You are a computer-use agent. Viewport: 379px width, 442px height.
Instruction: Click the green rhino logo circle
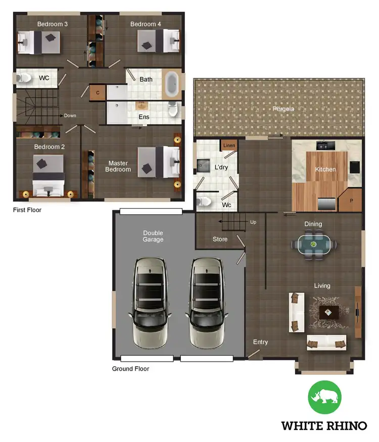point(324,398)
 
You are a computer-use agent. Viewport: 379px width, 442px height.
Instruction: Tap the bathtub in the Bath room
point(172,84)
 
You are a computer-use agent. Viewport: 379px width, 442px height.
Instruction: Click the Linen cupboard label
point(228,146)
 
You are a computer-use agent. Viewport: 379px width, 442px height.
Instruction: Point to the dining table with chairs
point(313,244)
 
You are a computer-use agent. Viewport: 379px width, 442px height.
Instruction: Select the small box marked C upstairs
point(98,93)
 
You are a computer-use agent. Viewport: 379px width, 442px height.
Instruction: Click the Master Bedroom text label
point(118,166)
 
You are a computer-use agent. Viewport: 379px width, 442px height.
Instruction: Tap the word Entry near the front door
point(260,342)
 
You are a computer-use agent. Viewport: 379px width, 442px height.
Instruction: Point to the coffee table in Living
point(328,313)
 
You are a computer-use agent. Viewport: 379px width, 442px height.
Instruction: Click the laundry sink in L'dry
point(204,165)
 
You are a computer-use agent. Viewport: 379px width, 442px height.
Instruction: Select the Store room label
point(220,239)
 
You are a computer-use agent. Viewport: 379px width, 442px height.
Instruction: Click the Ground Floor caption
point(130,369)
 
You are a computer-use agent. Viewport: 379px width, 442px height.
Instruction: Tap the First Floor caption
point(27,210)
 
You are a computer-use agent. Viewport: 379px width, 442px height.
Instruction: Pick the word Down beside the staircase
point(70,116)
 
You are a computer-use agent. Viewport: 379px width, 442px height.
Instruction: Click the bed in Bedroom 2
point(48,174)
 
